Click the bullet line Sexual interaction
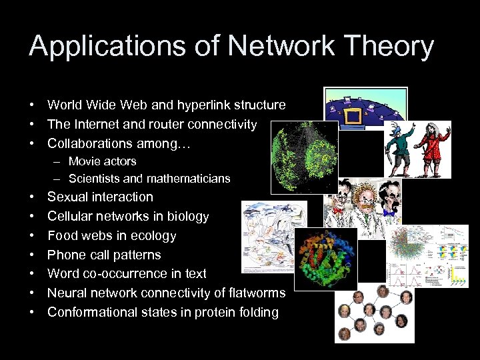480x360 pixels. [x=100, y=197]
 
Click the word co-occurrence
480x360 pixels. [x=128, y=274]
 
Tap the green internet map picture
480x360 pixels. [x=304, y=157]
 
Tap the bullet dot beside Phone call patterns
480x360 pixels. [x=32, y=255]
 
